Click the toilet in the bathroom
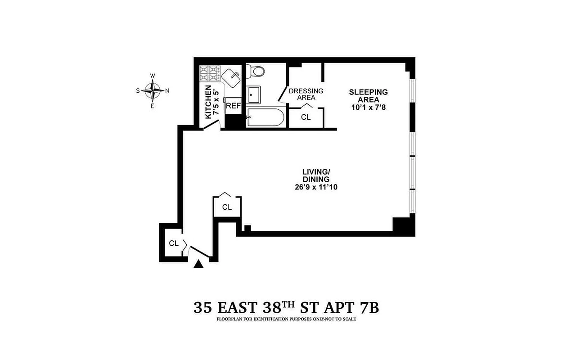pyautogui.click(x=255, y=71)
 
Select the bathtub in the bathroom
pyautogui.click(x=265, y=117)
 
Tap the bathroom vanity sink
pyautogui.click(x=253, y=94)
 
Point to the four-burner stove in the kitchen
pyautogui.click(x=210, y=73)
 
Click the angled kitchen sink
pyautogui.click(x=231, y=78)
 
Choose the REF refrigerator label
pyautogui.click(x=233, y=106)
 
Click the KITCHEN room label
pyautogui.click(x=208, y=102)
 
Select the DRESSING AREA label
pyautogui.click(x=306, y=94)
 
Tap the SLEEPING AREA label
pyautogui.click(x=368, y=95)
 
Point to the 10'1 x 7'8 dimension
pyautogui.click(x=369, y=107)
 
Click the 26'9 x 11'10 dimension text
pyautogui.click(x=316, y=187)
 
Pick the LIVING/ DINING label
pyautogui.click(x=316, y=175)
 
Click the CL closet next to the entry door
pyautogui.click(x=174, y=243)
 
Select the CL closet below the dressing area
pyautogui.click(x=306, y=117)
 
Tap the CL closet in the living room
pyautogui.click(x=227, y=207)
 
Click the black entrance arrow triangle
pyautogui.click(x=198, y=264)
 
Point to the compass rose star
pyautogui.click(x=153, y=90)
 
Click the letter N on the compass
pyautogui.click(x=167, y=90)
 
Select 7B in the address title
pyautogui.click(x=369, y=307)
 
